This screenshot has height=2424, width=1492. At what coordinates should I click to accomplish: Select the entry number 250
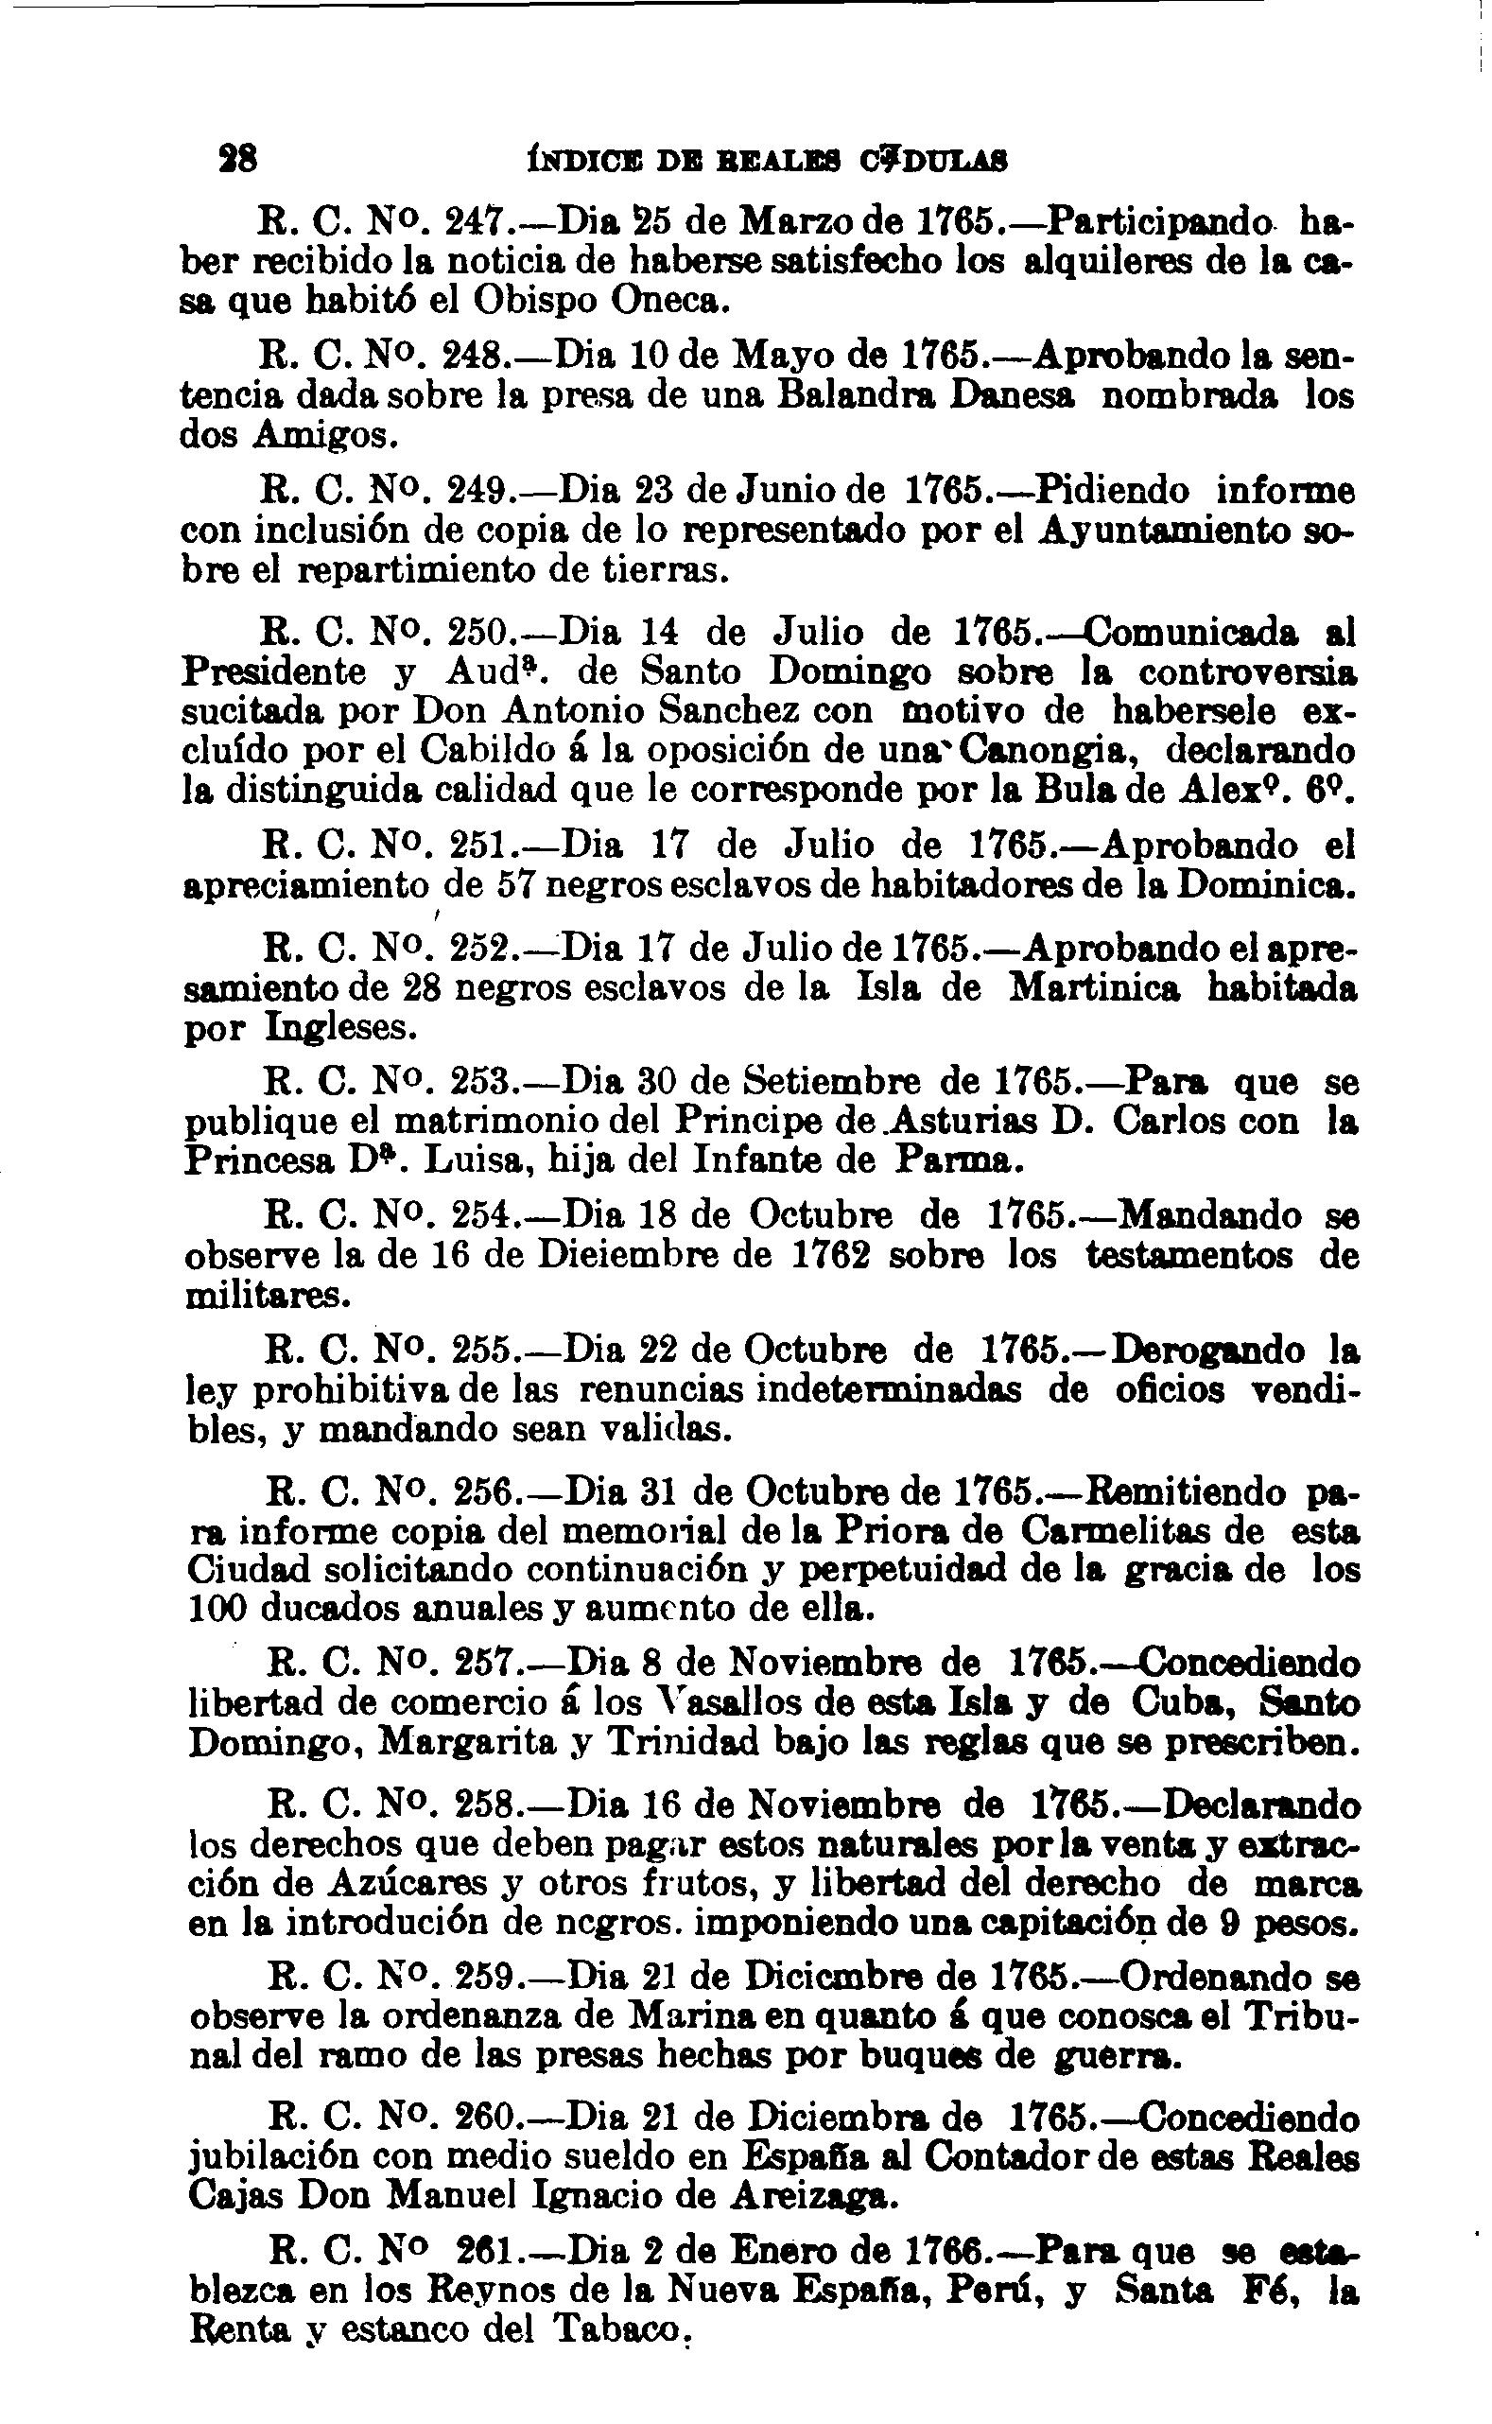478,630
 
